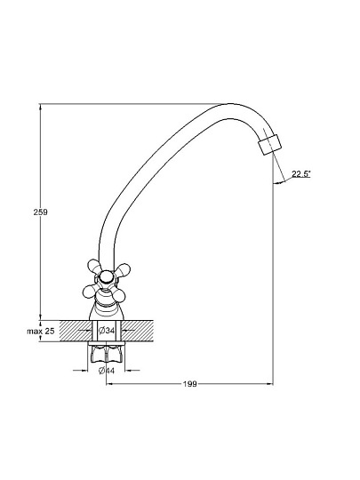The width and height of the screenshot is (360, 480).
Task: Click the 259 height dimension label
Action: pos(40,212)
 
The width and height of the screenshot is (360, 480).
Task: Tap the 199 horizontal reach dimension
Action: pos(190,384)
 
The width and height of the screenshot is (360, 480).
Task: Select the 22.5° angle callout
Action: pos(301,174)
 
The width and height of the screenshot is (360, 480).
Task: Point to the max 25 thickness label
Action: pos(40,331)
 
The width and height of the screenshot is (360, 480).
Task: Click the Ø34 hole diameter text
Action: pos(107,331)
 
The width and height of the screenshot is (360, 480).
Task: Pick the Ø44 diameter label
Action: pos(107,371)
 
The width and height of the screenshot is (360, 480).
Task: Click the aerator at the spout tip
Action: pos(269,145)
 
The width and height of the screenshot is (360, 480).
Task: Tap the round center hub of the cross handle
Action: pos(106,277)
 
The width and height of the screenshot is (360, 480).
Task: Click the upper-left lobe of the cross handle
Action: pos(93,267)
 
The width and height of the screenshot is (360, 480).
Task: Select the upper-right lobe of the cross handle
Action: pos(123,269)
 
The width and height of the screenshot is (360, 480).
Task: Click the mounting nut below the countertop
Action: pos(106,355)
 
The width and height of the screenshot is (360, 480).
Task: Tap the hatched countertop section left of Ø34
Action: pos(76,331)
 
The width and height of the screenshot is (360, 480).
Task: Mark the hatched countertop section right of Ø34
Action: pos(138,331)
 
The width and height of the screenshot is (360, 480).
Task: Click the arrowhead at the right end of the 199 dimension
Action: pos(269,384)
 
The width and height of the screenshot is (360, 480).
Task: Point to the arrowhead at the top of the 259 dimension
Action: pos(40,107)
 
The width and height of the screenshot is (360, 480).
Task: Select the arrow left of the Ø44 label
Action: pos(81,371)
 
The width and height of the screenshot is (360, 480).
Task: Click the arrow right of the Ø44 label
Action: pos(132,371)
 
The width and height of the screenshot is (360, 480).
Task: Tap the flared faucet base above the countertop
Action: pos(107,310)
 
